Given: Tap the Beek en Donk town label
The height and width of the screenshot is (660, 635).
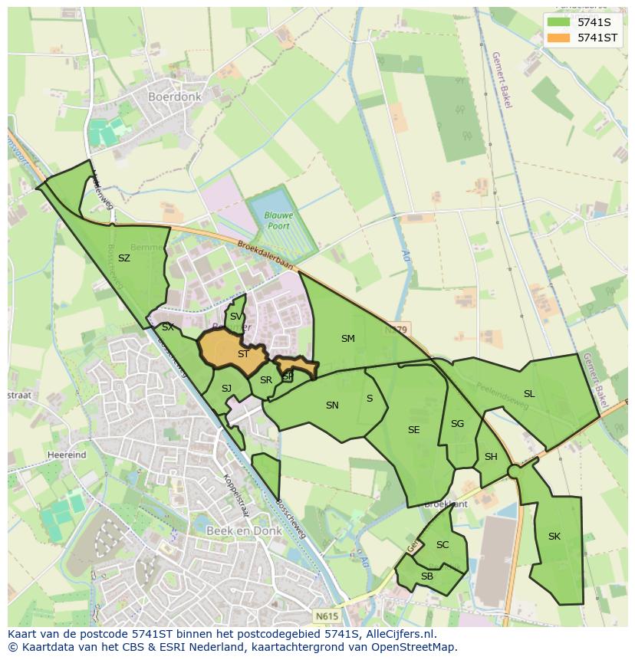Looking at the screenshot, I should pos(240,530).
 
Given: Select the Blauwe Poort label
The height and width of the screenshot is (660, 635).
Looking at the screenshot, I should pos(280,221).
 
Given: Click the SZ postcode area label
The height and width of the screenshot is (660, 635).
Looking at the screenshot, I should pos(124,258).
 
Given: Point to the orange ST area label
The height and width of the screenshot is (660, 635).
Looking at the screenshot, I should pos(243,354).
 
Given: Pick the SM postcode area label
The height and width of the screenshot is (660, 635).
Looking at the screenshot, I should pos(348,338).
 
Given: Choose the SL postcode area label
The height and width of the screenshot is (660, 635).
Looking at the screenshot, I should pos(529,394).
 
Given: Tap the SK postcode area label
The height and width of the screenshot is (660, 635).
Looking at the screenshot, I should pos(554,537).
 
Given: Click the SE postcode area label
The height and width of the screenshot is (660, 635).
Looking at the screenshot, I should pos(414,430).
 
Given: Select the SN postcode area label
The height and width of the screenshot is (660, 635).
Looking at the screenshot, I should pos(332,406).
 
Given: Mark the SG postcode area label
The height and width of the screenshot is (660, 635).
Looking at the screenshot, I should pos(458,424).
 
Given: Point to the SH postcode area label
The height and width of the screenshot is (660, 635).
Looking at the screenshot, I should pos(491,457).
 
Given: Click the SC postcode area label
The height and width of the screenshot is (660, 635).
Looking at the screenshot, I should pos(443,545).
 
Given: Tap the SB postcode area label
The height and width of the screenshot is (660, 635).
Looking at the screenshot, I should pos(427,576).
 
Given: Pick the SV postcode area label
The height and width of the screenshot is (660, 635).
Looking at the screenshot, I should pos(236,317).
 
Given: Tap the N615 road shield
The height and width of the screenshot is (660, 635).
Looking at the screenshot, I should pos(325,615).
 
